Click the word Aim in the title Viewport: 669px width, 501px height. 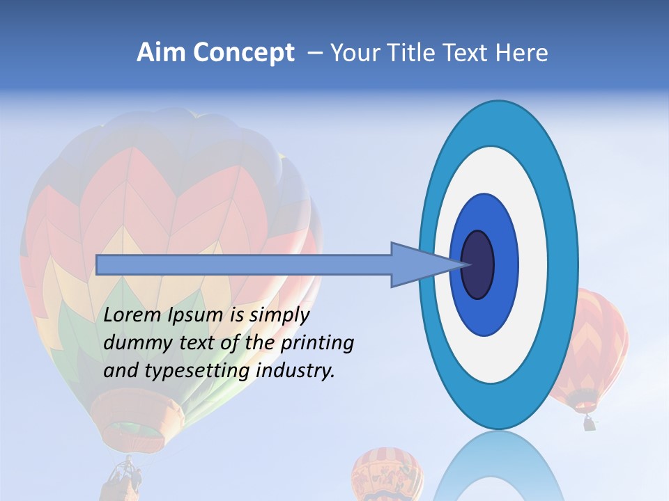160,53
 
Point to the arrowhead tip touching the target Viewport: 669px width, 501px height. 465,264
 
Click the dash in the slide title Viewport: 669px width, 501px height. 314,54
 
